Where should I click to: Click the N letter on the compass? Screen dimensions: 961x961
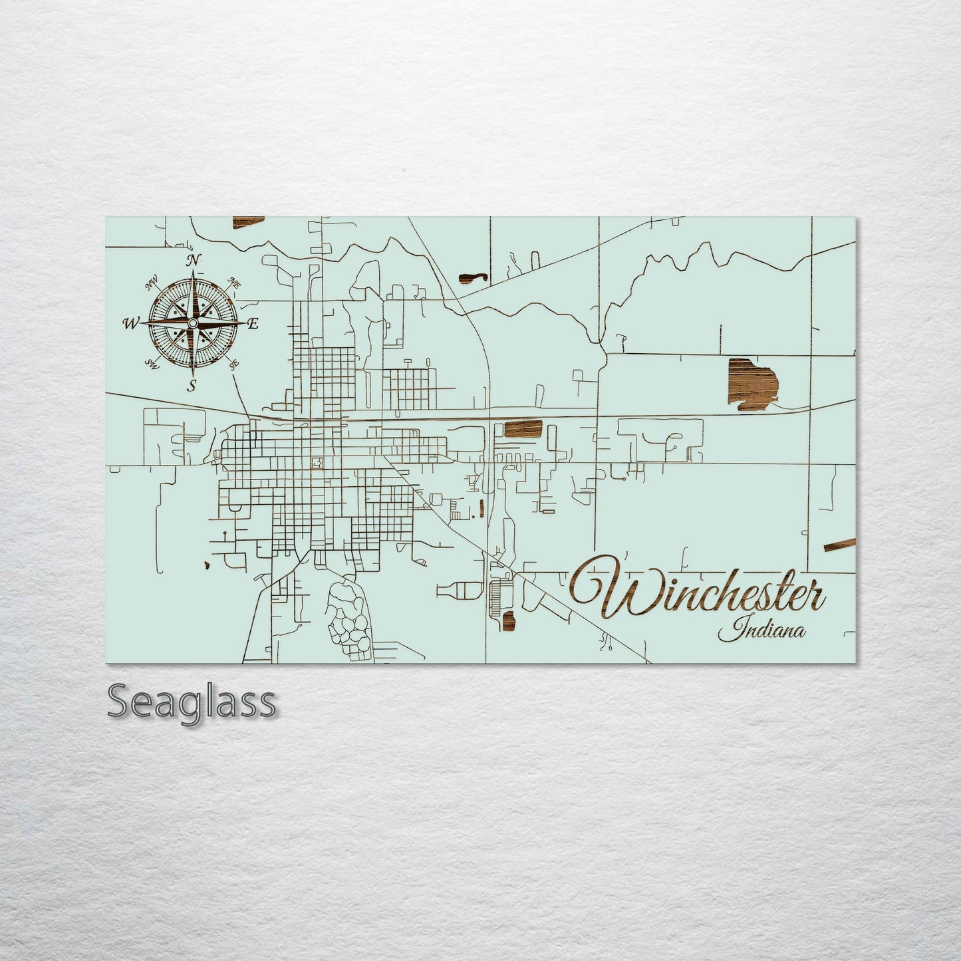pyautogui.click(x=194, y=260)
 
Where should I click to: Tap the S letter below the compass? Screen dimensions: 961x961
pyautogui.click(x=192, y=386)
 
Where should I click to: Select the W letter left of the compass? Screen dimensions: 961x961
pyautogui.click(x=130, y=324)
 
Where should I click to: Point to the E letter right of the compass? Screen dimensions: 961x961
pyautogui.click(x=253, y=324)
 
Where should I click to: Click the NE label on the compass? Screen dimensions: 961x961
pyautogui.click(x=234, y=283)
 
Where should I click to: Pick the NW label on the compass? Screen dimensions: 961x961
pyautogui.click(x=152, y=285)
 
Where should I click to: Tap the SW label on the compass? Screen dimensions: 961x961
pyautogui.click(x=152, y=363)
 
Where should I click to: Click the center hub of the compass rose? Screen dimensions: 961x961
pyautogui.click(x=192, y=323)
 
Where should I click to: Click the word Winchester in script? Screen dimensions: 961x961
pyautogui.click(x=698, y=589)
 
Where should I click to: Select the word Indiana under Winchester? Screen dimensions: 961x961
pyautogui.click(x=761, y=630)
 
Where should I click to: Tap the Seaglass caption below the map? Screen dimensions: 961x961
pyautogui.click(x=191, y=702)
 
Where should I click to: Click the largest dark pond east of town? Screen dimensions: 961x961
pyautogui.click(x=752, y=382)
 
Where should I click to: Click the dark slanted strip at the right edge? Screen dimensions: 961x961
pyautogui.click(x=839, y=546)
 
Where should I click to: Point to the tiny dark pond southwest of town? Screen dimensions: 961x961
pyautogui.click(x=207, y=566)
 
